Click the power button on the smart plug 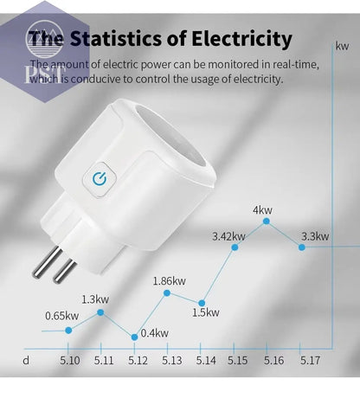[x=98, y=180]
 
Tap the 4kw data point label [x=263, y=210]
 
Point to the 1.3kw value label [x=95, y=298]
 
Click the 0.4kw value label [x=155, y=333]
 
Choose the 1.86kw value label [x=169, y=280]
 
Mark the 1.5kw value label [x=206, y=312]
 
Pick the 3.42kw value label [x=228, y=235]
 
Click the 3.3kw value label [x=314, y=235]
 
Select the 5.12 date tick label [x=138, y=360]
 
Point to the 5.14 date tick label [x=206, y=360]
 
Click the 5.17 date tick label [x=309, y=360]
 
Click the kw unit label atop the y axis [x=340, y=45]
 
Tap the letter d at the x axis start [x=26, y=360]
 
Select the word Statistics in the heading [x=112, y=39]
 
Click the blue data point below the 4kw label [x=267, y=221]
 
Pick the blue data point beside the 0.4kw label [x=134, y=336]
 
